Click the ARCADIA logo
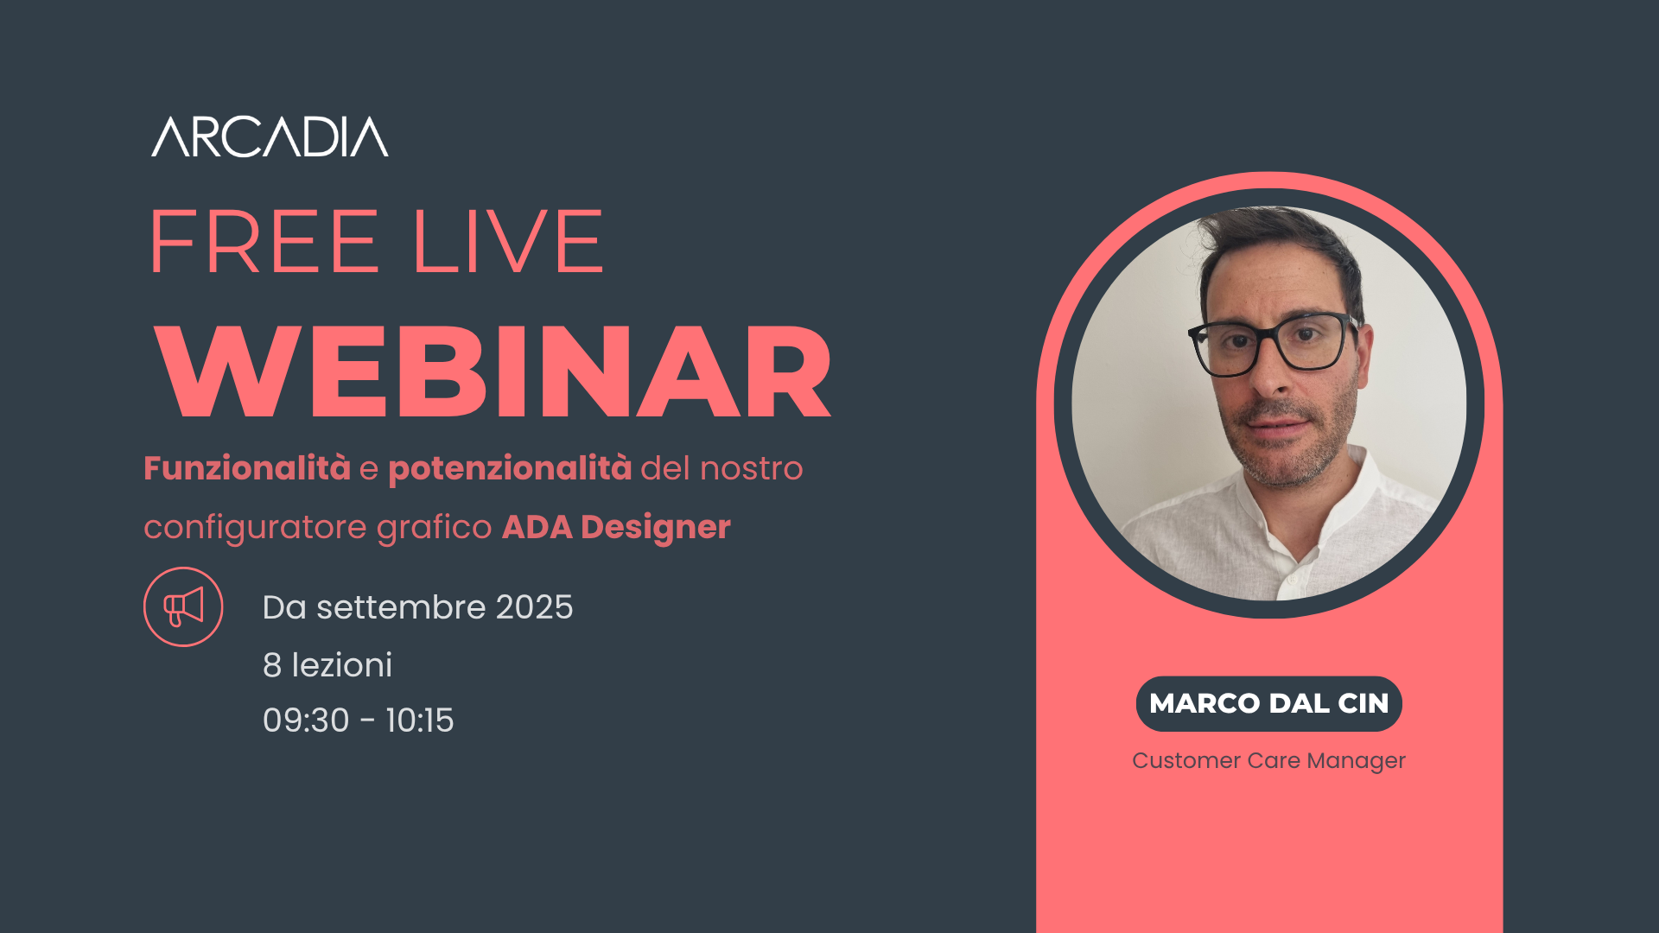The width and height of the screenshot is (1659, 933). (270, 136)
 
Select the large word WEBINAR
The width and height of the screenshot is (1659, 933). (493, 372)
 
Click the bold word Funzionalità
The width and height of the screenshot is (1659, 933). (247, 468)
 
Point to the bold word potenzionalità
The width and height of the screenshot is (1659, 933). (510, 469)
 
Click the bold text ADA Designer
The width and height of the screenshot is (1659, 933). (616, 527)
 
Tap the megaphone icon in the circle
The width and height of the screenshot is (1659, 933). (183, 606)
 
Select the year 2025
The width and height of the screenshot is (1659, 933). (534, 607)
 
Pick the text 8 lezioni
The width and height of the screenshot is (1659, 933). (327, 665)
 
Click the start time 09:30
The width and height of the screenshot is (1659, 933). (306, 720)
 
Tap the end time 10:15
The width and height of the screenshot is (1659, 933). (420, 720)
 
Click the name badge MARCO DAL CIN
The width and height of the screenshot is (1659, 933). (1268, 703)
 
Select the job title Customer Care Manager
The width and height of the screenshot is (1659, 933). (1268, 761)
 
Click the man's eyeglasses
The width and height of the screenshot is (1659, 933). (1270, 344)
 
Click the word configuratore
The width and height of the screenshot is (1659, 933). (255, 527)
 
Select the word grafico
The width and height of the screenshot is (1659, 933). (435, 527)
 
